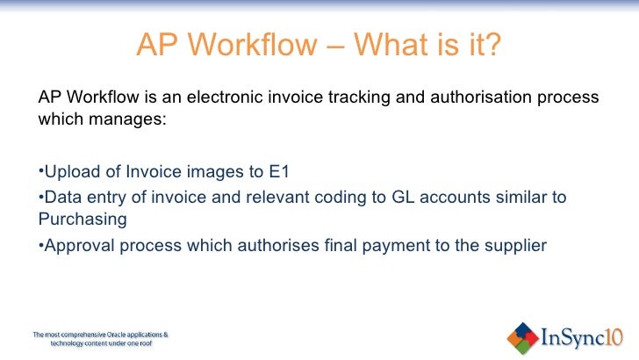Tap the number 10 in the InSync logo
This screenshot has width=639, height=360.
614,335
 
